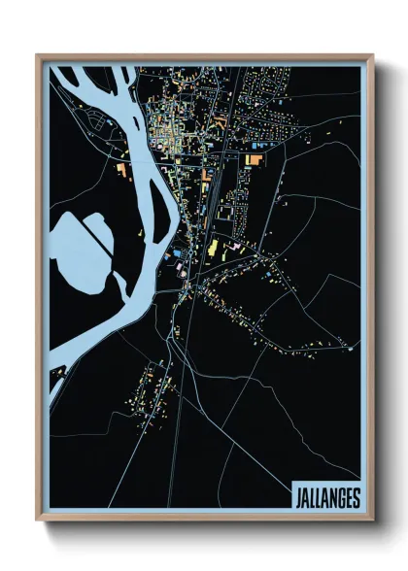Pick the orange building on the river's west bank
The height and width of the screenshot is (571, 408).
[121, 171]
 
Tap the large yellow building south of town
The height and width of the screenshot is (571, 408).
[212, 249]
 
